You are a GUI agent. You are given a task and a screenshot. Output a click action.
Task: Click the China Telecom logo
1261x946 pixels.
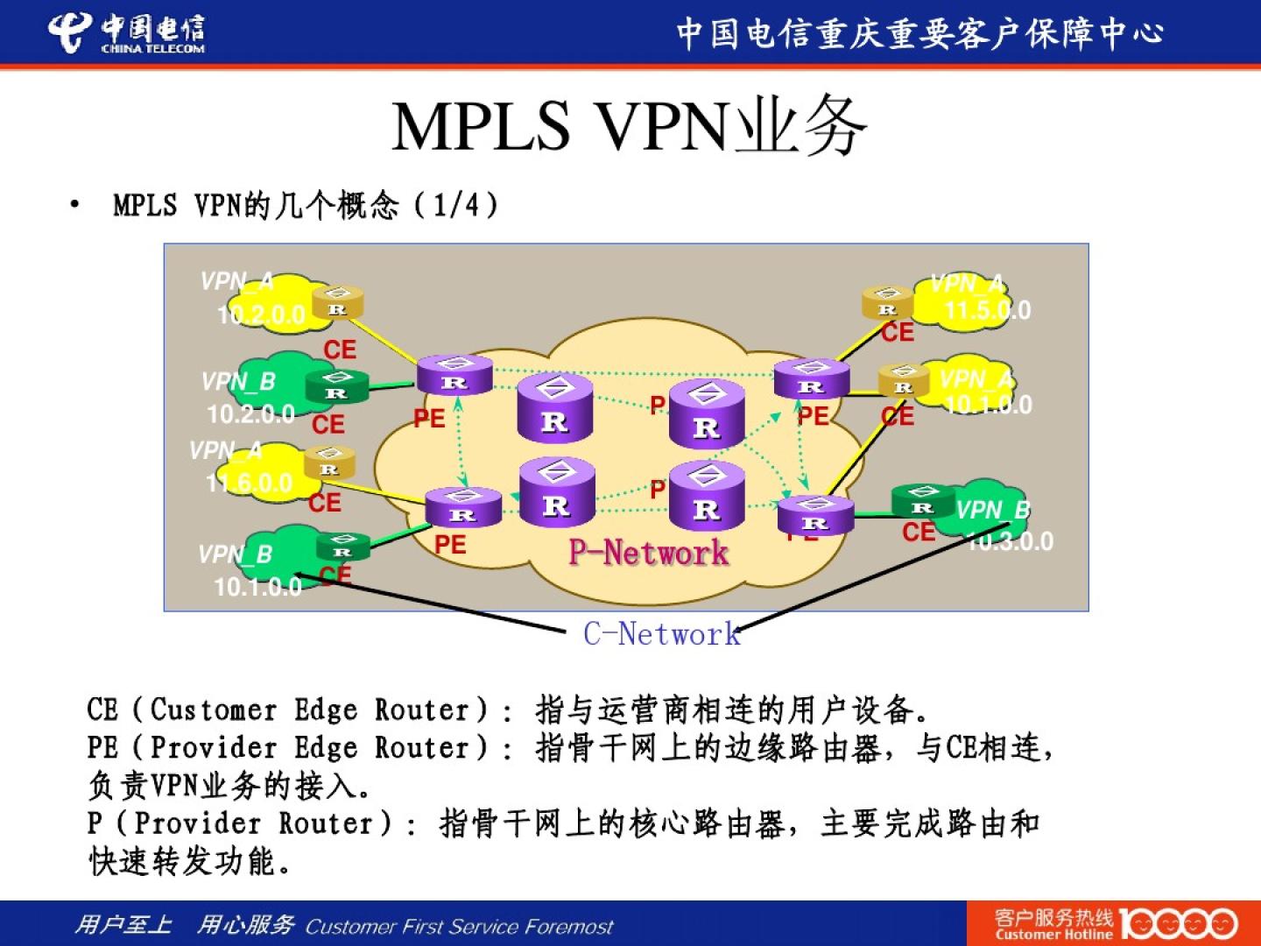(x=126, y=33)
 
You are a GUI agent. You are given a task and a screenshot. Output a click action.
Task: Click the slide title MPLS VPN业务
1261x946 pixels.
(x=629, y=127)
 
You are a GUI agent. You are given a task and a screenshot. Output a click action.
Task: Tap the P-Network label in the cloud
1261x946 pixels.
(x=648, y=553)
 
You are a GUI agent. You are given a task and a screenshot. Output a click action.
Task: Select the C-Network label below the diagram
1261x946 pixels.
(x=662, y=633)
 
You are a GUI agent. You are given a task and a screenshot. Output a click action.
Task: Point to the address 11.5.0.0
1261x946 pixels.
(x=988, y=310)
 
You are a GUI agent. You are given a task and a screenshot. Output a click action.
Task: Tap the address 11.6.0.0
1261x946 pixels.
(x=250, y=483)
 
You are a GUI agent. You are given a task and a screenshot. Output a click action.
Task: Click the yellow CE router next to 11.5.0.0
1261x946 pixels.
(x=887, y=304)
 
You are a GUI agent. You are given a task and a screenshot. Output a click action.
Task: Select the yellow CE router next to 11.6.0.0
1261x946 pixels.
(x=329, y=463)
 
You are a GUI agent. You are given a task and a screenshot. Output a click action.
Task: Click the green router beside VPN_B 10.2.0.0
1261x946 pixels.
(x=336, y=387)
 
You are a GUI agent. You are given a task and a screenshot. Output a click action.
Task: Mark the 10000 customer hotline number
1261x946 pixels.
(x=1178, y=924)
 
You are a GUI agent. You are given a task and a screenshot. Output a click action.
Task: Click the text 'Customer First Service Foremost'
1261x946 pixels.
(x=459, y=927)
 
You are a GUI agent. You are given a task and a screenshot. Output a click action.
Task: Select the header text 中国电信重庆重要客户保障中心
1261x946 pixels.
(x=919, y=33)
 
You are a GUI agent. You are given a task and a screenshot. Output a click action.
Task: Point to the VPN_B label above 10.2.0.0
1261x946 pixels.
(x=238, y=382)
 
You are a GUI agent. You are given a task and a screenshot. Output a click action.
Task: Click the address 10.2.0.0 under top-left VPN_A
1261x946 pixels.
(x=261, y=314)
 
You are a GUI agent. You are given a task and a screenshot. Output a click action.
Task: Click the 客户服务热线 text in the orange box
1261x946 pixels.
(x=1053, y=917)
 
